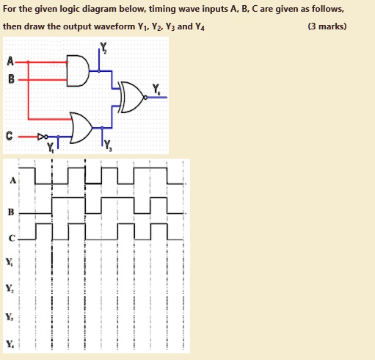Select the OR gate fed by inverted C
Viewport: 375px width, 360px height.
tap(81, 128)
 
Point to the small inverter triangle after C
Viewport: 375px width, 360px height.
tap(40, 137)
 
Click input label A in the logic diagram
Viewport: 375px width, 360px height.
tap(10, 61)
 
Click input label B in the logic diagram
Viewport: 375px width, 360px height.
tap(11, 79)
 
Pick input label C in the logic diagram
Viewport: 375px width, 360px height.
tap(9, 136)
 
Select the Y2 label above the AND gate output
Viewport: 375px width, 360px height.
tap(103, 46)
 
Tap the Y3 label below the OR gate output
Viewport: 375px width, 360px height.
tap(108, 145)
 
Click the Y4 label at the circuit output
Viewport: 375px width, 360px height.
tap(156, 89)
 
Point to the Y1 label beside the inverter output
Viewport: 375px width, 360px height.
tap(51, 148)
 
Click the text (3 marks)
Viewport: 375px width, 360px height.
tap(327, 26)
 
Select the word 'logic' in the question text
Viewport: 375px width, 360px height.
tap(69, 10)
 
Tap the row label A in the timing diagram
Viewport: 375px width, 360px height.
tap(13, 181)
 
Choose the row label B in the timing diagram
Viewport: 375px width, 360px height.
tap(11, 212)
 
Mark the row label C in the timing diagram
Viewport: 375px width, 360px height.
tap(12, 238)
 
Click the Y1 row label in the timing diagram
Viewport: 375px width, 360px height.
tap(10, 262)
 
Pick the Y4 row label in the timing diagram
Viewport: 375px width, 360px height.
tap(10, 344)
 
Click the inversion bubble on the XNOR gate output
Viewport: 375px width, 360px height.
tap(145, 98)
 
